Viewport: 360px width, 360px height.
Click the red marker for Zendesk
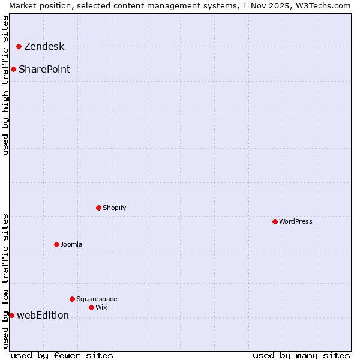tap(19, 46)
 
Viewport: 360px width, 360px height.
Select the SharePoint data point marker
tap(13, 69)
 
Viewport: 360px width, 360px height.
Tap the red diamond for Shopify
tap(98, 208)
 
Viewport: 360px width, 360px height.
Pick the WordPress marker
tap(275, 221)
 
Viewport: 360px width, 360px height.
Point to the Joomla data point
tap(56, 244)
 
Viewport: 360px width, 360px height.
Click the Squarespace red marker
tap(72, 299)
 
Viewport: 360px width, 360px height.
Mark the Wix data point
tap(91, 307)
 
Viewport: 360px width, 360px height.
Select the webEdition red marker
tap(11, 315)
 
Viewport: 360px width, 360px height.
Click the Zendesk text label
tap(44, 47)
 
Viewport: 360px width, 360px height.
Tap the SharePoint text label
tap(44, 70)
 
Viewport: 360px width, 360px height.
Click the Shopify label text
tap(114, 208)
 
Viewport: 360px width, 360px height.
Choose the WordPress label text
tap(295, 222)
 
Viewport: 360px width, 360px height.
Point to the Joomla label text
tap(71, 245)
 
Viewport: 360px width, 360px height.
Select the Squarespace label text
tap(97, 299)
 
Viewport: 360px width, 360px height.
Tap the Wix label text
tap(101, 308)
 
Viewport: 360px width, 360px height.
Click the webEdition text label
tap(43, 316)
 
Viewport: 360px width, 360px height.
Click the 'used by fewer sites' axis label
tap(62, 355)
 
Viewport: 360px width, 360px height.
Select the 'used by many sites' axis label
tap(301, 355)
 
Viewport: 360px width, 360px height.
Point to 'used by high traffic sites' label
tap(6, 85)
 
